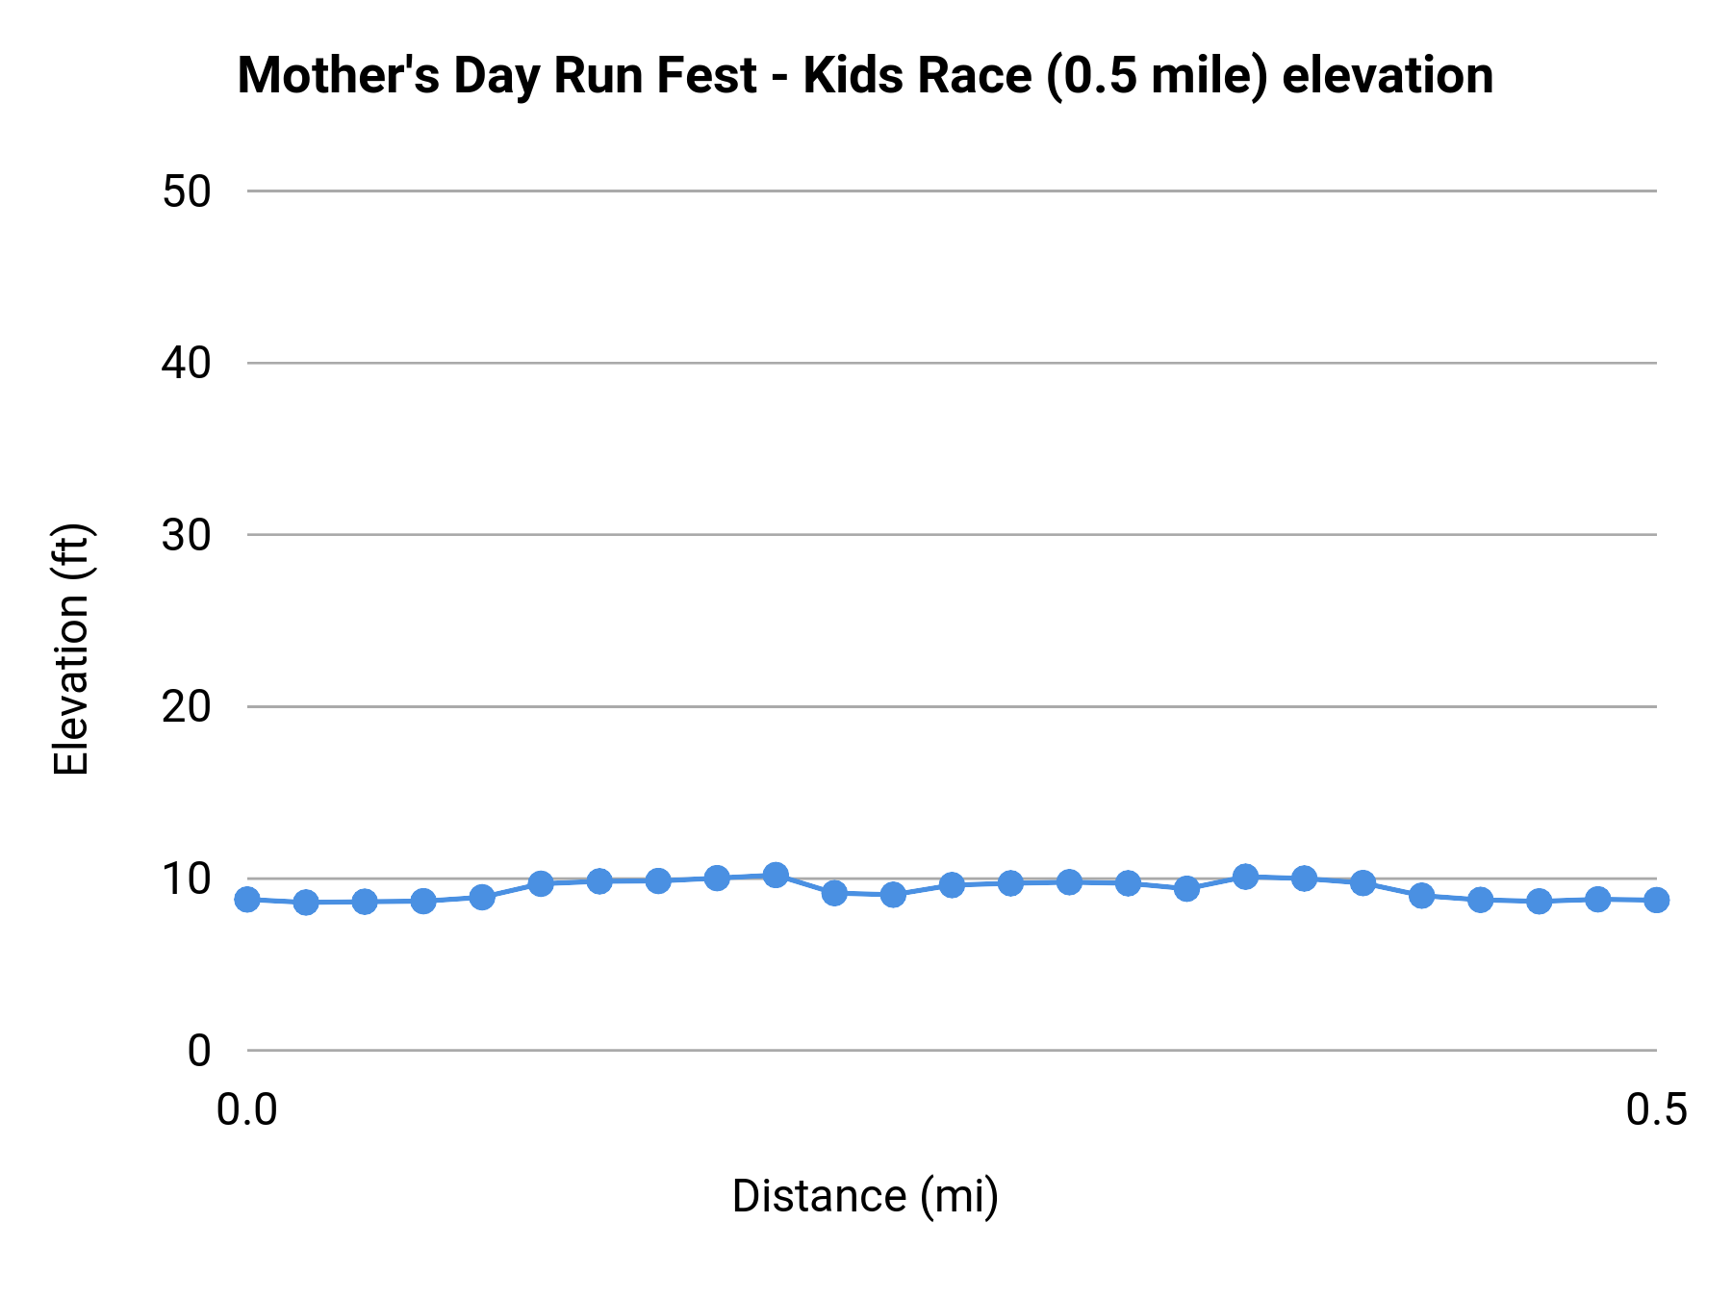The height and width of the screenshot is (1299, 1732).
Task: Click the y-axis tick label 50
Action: tap(186, 191)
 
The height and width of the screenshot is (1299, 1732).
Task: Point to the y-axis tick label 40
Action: tap(186, 364)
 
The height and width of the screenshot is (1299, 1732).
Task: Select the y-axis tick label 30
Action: tap(186, 535)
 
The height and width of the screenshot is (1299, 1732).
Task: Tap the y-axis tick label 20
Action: tap(186, 707)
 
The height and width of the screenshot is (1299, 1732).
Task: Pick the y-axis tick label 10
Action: tap(186, 879)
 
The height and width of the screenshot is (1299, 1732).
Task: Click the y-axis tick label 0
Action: tap(198, 1051)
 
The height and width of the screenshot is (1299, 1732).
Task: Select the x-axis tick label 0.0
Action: tap(247, 1109)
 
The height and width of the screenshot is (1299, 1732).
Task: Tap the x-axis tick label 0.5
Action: tap(1656, 1109)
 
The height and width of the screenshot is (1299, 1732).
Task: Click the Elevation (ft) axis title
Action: tap(71, 649)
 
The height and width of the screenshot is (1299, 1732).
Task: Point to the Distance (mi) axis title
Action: tap(865, 1196)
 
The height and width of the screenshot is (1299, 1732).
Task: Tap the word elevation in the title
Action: tap(1388, 75)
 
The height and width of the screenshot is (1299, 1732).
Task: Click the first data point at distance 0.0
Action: tap(247, 899)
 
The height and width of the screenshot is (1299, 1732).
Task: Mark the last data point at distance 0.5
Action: tap(1656, 900)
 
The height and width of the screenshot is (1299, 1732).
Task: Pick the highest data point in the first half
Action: tap(776, 875)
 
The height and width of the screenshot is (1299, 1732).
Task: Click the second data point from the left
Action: tap(306, 902)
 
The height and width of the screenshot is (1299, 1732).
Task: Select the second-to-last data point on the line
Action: tap(1597, 899)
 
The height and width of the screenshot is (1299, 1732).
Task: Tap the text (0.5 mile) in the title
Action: tap(1158, 75)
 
